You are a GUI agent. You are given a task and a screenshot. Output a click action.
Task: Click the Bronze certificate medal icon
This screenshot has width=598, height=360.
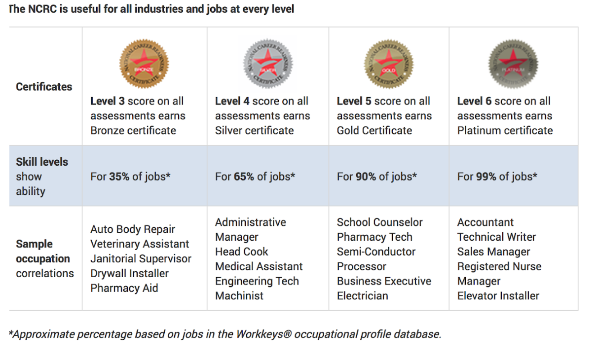tap(144, 64)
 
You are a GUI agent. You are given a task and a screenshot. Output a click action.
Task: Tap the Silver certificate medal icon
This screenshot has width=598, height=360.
tap(268, 64)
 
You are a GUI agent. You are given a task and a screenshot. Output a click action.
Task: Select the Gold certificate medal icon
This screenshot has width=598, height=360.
tap(389, 64)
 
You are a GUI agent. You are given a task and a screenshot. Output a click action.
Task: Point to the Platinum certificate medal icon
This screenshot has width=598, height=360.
tap(513, 64)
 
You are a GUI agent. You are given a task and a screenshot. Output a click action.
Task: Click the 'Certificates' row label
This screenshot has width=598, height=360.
tap(44, 87)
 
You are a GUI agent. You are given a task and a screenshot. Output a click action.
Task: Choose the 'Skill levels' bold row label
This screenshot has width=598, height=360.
tap(42, 162)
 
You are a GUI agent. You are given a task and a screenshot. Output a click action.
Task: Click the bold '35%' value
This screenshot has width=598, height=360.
tap(120, 177)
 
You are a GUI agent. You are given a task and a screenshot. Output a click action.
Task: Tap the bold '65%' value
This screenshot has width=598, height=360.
tap(245, 177)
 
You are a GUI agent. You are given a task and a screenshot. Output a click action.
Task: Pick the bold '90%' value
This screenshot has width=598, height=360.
tap(366, 177)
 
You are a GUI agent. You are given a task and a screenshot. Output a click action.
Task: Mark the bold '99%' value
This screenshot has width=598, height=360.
tap(486, 177)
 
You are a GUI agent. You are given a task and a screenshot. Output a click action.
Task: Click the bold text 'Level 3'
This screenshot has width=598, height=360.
tap(108, 101)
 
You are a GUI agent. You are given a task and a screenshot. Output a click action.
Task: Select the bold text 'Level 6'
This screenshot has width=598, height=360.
tap(474, 101)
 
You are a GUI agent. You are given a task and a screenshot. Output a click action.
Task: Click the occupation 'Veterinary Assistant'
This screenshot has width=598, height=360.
tap(140, 244)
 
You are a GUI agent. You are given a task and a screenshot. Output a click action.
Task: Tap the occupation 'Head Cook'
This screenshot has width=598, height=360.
tap(242, 252)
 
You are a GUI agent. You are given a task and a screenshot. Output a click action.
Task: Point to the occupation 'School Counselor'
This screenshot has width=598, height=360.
tap(379, 222)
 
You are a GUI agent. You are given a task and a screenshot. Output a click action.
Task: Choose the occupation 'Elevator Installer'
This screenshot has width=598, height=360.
tap(498, 296)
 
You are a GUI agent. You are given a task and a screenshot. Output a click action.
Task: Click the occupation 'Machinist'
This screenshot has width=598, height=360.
tap(239, 296)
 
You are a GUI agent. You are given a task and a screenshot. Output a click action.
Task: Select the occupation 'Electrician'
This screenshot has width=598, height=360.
tap(362, 296)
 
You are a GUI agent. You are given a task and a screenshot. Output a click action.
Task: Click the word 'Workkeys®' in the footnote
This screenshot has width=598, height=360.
tap(264, 334)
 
